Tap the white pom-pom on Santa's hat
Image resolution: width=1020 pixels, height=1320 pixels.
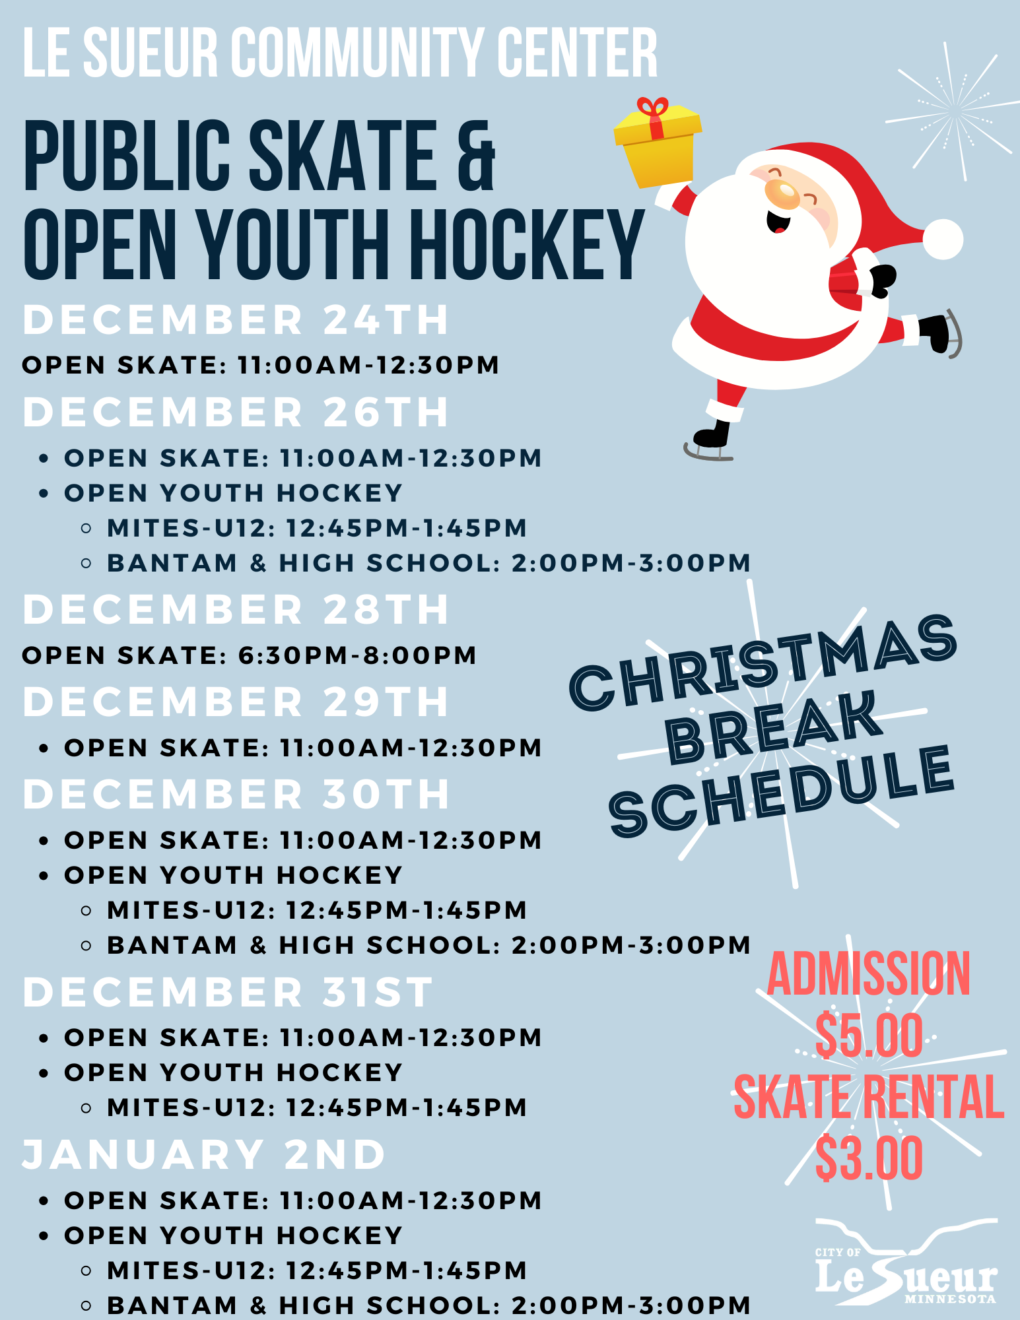(x=942, y=239)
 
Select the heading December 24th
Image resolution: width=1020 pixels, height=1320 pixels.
(x=236, y=320)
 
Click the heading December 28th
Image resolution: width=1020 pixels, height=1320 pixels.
(x=236, y=609)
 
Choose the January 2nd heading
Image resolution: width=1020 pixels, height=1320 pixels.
(x=204, y=1155)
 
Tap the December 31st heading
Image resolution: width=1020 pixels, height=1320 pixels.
(x=228, y=992)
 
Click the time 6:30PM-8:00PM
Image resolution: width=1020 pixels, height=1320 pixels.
(x=357, y=655)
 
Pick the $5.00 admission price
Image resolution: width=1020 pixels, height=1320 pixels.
(x=869, y=1036)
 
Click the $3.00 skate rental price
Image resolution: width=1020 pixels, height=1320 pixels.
(x=869, y=1158)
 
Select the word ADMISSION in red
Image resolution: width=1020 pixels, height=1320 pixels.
(x=869, y=974)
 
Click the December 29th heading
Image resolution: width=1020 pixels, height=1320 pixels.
(x=236, y=702)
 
